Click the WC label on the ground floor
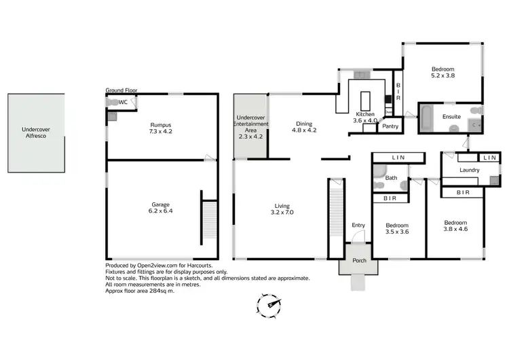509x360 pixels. (123, 102)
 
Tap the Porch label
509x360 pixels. (358, 260)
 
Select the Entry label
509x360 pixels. (358, 225)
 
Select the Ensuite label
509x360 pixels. (451, 116)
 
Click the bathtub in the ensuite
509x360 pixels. (428, 118)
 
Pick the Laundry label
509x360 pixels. (470, 170)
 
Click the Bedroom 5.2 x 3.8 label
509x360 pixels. (442, 73)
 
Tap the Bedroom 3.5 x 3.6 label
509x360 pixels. (397, 228)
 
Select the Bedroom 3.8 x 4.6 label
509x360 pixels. (455, 226)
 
